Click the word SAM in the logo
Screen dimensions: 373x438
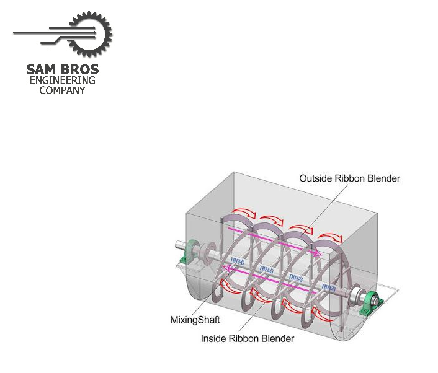point(42,69)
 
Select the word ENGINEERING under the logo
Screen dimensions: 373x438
point(62,81)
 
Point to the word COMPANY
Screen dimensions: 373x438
point(62,90)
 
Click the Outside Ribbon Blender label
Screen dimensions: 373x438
point(350,178)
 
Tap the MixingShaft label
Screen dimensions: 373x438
point(194,320)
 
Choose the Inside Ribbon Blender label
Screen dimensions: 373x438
point(248,338)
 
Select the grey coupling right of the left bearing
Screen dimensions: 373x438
point(203,253)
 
